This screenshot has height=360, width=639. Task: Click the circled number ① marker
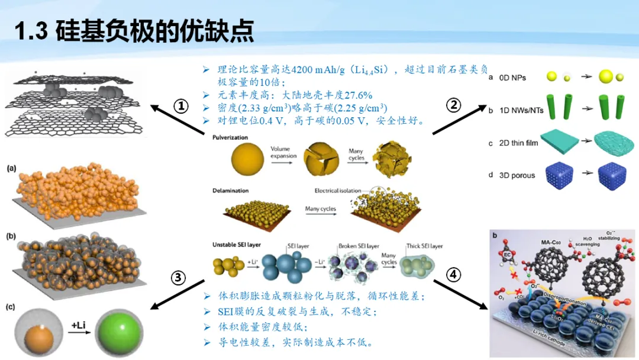pyautogui.click(x=180, y=106)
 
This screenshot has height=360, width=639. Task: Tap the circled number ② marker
pyautogui.click(x=453, y=105)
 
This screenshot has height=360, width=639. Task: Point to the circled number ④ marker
pyautogui.click(x=453, y=275)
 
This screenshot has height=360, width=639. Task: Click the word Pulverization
pyautogui.click(x=230, y=138)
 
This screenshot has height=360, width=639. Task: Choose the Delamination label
pyautogui.click(x=231, y=191)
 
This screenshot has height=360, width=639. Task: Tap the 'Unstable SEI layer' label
pyautogui.click(x=237, y=245)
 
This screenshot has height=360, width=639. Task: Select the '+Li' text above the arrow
pyautogui.click(x=79, y=324)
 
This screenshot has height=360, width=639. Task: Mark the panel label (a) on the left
pyautogui.click(x=11, y=169)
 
